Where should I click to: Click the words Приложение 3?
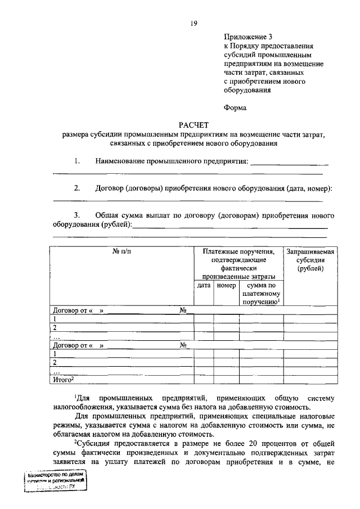coord(245,37)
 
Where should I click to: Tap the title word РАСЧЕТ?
coord(193,125)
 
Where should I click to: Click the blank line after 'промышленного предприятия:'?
coord(289,164)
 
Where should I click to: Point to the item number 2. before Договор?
coord(76,188)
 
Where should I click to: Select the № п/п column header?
coord(121,251)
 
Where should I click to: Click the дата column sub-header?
coord(204,286)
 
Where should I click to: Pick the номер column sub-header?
coord(226,286)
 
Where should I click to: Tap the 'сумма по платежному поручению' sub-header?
coord(261,294)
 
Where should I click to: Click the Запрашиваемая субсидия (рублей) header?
coord(310,260)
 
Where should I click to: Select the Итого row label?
coord(63,381)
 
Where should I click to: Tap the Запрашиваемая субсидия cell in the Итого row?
coord(310,381)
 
